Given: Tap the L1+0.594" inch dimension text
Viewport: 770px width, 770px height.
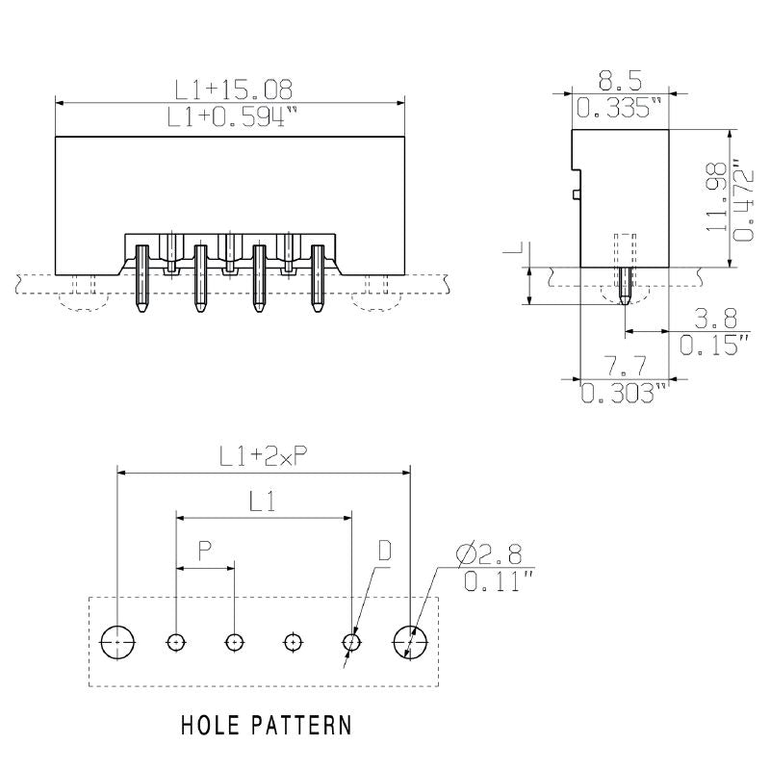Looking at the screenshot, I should click(232, 117).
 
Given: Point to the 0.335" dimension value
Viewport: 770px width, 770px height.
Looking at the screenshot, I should click(620, 109).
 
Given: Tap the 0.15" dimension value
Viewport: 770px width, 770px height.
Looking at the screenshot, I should click(714, 345).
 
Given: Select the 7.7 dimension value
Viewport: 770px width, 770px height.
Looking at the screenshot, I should click(623, 366).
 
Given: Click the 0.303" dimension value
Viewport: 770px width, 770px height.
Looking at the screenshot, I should click(623, 392).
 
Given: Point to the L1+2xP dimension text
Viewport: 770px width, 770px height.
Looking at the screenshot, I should click(263, 458).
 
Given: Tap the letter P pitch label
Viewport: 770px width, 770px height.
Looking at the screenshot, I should click(205, 551).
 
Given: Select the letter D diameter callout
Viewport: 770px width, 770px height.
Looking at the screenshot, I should click(384, 551).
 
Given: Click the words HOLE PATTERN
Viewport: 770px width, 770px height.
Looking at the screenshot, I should click(267, 724).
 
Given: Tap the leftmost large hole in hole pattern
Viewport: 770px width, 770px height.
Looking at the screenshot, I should click(117, 641).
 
